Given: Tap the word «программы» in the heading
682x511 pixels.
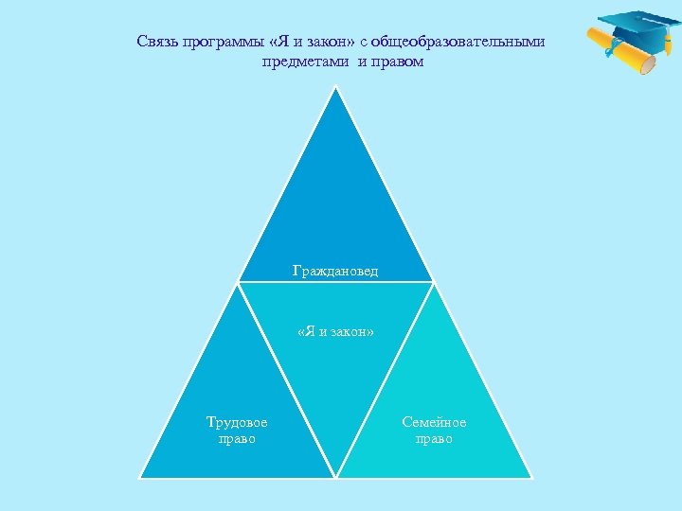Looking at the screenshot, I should pyautogui.click(x=219, y=43).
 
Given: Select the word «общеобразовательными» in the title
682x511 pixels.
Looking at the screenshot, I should pyautogui.click(x=458, y=43).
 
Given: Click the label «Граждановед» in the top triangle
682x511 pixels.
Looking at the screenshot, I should pyautogui.click(x=335, y=272).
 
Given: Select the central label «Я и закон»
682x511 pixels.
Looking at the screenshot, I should pyautogui.click(x=335, y=332).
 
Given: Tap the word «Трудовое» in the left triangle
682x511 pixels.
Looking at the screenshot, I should pyautogui.click(x=237, y=422).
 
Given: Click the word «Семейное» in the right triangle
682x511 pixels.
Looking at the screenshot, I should pyautogui.click(x=434, y=422).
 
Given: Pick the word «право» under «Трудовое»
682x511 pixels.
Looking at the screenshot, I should pyautogui.click(x=237, y=439).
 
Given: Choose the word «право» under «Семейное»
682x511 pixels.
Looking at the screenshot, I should pyautogui.click(x=434, y=439).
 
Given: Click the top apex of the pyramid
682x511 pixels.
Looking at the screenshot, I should pyautogui.click(x=335, y=87).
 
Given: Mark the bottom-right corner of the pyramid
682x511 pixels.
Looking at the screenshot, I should pyautogui.click(x=529, y=477).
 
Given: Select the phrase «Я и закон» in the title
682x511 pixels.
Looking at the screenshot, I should pyautogui.click(x=311, y=43).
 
